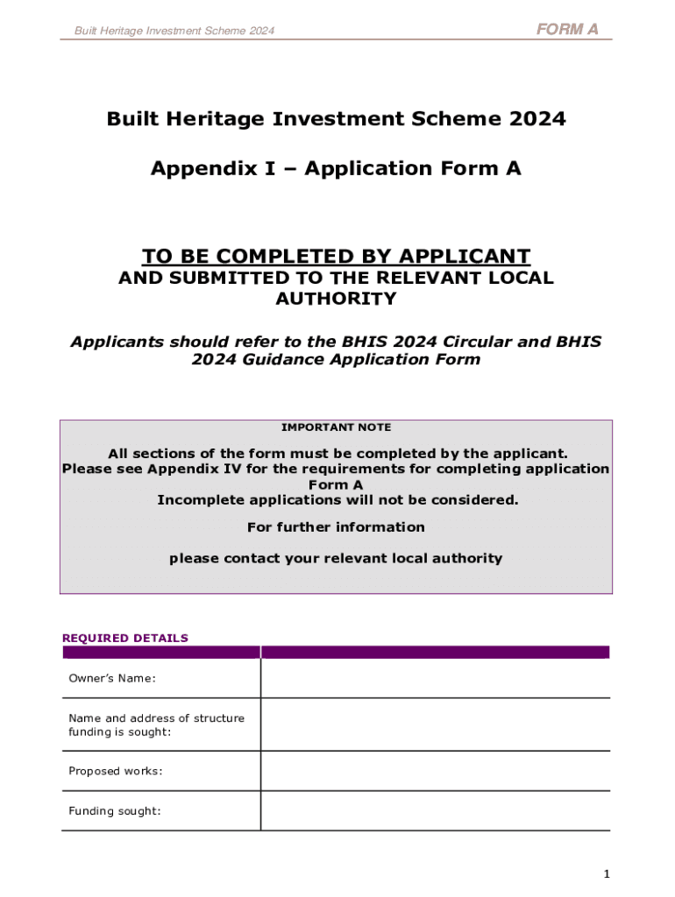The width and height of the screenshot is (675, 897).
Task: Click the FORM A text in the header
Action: pyautogui.click(x=567, y=29)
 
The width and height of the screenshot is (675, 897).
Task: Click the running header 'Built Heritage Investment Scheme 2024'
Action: pyautogui.click(x=174, y=31)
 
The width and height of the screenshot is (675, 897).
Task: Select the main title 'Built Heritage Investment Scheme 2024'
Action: pyautogui.click(x=337, y=118)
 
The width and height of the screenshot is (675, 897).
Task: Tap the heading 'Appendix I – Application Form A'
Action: pyautogui.click(x=336, y=168)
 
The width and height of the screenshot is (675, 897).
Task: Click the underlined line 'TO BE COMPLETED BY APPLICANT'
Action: pyautogui.click(x=337, y=257)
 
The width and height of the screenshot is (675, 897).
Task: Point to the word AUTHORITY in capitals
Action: pyautogui.click(x=337, y=299)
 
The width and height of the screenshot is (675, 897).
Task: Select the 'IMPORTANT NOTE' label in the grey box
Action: pyautogui.click(x=337, y=427)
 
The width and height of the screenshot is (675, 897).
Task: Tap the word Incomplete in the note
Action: pyautogui.click(x=196, y=500)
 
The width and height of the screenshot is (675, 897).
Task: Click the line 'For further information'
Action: pyautogui.click(x=337, y=527)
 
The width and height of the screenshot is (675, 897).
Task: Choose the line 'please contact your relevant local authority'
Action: pyautogui.click(x=337, y=558)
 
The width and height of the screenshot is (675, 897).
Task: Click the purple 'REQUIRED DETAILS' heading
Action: pyautogui.click(x=125, y=638)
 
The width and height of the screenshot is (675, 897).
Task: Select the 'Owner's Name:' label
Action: pyautogui.click(x=112, y=678)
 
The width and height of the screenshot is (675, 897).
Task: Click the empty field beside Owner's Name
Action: pyautogui.click(x=435, y=678)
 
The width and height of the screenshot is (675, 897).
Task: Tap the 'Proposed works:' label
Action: pyautogui.click(x=116, y=771)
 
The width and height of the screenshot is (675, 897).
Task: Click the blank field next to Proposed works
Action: pyautogui.click(x=435, y=771)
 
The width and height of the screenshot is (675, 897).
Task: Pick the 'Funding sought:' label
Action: pyautogui.click(x=115, y=811)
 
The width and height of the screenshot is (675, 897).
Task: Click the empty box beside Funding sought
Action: pyautogui.click(x=435, y=811)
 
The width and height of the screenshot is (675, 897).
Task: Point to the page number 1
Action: pyautogui.click(x=607, y=874)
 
